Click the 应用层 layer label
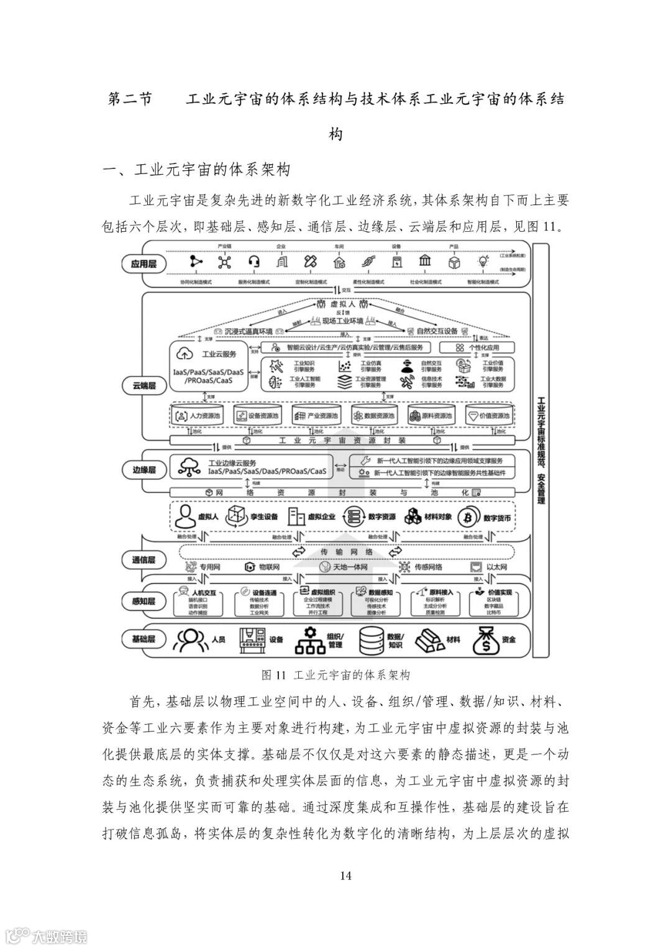pyautogui.click(x=144, y=264)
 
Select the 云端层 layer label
pyautogui.click(x=144, y=386)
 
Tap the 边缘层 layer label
pyautogui.click(x=144, y=470)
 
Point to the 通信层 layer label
pyautogui.click(x=144, y=560)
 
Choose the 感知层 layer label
pyautogui.click(x=144, y=600)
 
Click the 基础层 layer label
pyautogui.click(x=144, y=639)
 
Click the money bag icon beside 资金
pyautogui.click(x=486, y=640)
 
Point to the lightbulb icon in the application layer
pyautogui.click(x=482, y=262)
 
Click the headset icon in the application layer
pyautogui.click(x=253, y=262)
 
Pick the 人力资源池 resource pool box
pyautogui.click(x=196, y=416)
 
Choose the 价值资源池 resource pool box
pyautogui.click(x=489, y=416)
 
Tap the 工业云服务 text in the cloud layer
pyautogui.click(x=219, y=354)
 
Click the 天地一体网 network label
pyautogui.click(x=351, y=567)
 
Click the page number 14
pyautogui.click(x=346, y=876)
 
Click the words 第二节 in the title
pyautogui.click(x=129, y=99)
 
